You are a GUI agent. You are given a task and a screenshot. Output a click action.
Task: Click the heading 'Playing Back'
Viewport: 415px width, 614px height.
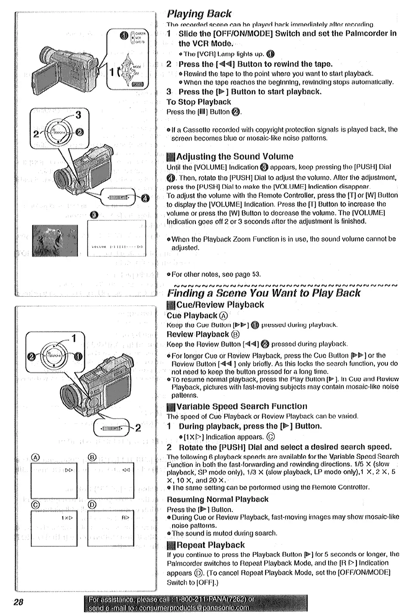(199, 13)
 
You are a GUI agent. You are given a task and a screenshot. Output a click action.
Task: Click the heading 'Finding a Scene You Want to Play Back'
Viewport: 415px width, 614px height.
(264, 293)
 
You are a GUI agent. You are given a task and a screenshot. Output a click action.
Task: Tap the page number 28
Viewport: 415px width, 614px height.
(18, 602)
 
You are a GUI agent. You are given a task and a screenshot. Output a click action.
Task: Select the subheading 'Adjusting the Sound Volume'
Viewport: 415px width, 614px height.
(235, 157)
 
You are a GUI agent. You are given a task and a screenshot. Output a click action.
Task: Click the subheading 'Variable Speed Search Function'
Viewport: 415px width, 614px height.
(242, 406)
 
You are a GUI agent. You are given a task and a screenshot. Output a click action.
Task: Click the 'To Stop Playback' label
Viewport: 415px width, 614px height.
(199, 102)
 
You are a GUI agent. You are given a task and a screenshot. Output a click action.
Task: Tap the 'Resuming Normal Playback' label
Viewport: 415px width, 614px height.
(217, 499)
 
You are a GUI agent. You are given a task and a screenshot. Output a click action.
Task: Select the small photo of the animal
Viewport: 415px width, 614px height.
(55, 241)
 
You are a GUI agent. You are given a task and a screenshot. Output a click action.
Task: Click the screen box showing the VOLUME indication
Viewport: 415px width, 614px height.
(117, 238)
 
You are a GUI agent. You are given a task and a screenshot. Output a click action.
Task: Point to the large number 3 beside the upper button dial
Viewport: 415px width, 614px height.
(78, 115)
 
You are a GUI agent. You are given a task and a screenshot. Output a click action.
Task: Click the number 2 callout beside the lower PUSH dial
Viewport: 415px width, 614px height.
(138, 428)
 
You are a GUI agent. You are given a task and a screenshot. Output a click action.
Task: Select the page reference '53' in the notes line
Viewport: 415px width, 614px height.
(256, 274)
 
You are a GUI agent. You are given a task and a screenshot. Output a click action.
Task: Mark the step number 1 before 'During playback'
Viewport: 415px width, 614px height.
(170, 426)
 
